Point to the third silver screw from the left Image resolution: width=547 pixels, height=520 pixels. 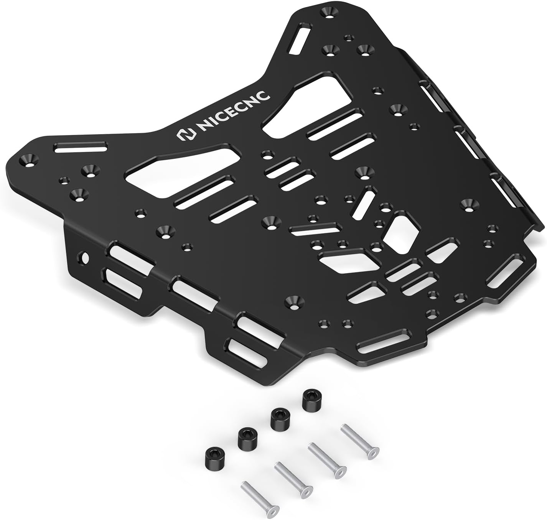[326, 460]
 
